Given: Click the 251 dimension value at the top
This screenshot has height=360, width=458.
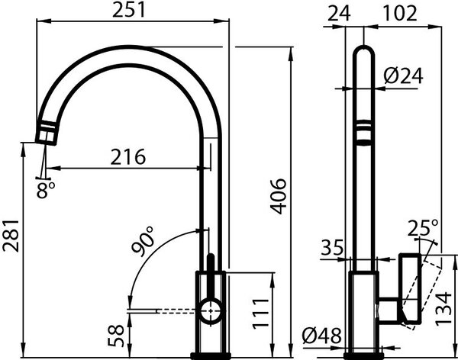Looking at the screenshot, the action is tap(128, 10).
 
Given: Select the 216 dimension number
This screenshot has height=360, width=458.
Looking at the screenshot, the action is tap(128, 157).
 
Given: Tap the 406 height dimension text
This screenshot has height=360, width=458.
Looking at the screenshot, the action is tap(279, 196).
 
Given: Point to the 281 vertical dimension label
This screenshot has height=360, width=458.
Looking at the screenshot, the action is tap(11, 236).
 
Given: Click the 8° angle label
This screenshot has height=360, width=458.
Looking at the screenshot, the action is tap(46, 190).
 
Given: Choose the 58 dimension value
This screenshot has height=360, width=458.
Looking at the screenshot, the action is tap(116, 336).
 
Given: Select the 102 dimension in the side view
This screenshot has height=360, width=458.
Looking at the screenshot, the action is tap(400, 13).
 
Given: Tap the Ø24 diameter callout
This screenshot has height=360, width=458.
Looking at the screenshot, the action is tap(403, 76).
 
